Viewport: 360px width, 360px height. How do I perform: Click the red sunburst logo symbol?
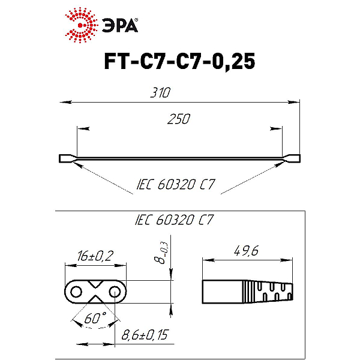[x=80, y=25]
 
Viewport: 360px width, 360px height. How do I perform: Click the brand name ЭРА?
[x=120, y=25]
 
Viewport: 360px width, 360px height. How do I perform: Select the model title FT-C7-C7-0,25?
[x=179, y=61]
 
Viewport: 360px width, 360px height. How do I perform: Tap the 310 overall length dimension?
[x=160, y=92]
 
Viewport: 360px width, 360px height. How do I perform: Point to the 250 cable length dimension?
[x=179, y=119]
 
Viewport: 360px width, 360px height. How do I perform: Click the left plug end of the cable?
[x=67, y=158]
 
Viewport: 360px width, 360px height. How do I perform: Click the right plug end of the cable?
[x=292, y=158]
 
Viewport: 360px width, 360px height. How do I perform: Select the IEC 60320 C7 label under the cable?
[x=176, y=184]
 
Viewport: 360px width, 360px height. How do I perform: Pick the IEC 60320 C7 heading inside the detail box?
[x=174, y=220]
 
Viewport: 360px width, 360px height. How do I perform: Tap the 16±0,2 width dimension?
[x=95, y=256]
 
